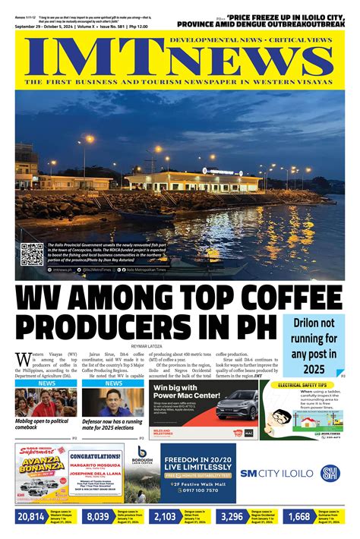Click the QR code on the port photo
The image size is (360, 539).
coord(31,254)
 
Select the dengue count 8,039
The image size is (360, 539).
coord(98,517)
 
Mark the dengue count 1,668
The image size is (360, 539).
coord(299,517)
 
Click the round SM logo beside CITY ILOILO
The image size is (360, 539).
coord(330,473)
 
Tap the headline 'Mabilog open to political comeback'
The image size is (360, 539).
coord(45,424)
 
